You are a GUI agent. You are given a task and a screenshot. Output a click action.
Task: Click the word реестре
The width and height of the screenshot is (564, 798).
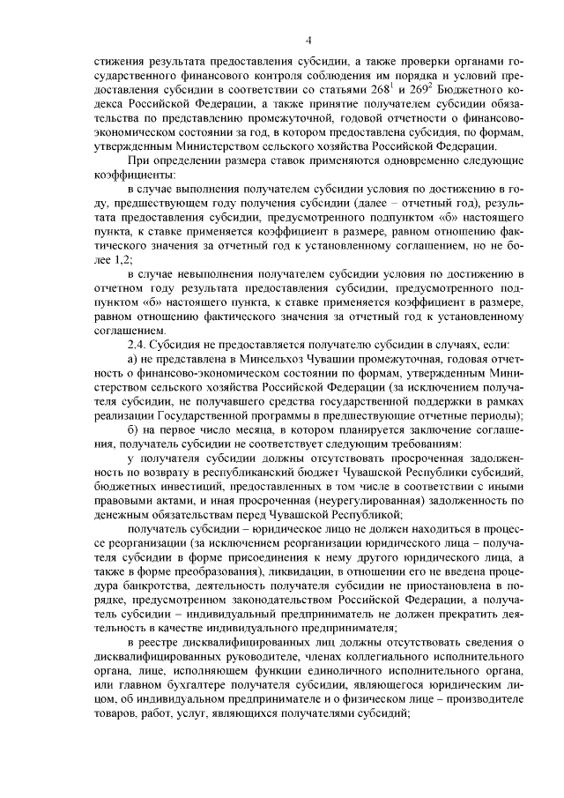point(163,650)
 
